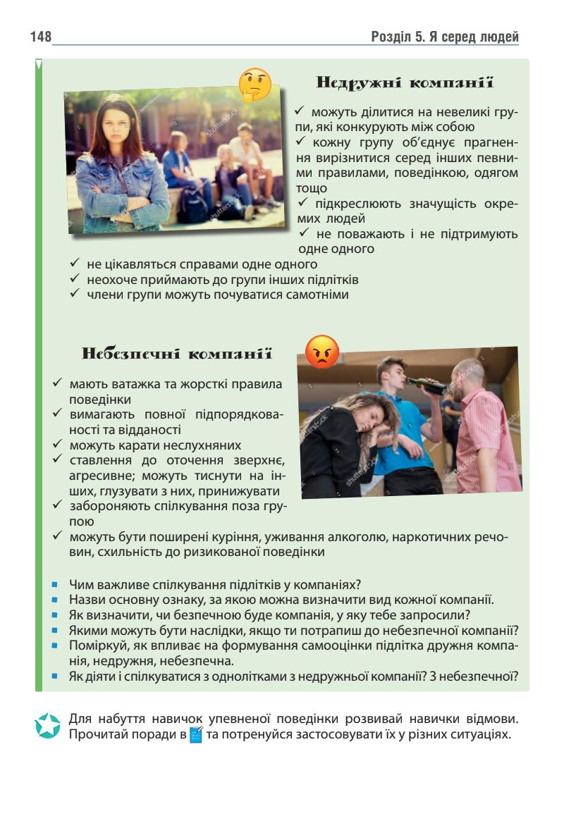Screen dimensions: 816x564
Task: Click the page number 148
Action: click(41, 37)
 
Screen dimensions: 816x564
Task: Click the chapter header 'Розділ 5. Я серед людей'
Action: click(445, 37)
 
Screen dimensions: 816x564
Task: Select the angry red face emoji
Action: click(322, 351)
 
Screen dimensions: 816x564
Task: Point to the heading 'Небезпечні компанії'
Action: click(177, 353)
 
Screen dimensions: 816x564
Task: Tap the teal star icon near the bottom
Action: click(48, 727)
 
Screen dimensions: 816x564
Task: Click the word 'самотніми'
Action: click(319, 295)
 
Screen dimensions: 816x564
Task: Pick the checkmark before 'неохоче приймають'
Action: click(76, 279)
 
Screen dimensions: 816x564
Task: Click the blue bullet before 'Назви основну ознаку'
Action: click(54, 600)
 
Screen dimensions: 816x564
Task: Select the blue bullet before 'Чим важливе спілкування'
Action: click(54, 585)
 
